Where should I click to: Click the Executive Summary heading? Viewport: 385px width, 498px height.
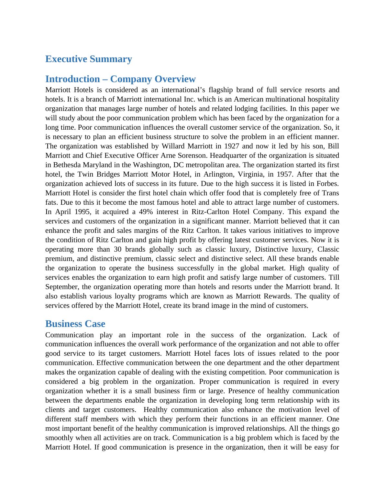click(x=88, y=59)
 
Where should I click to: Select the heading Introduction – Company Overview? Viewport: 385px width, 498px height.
click(x=120, y=79)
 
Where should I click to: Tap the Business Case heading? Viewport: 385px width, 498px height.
click(x=75, y=324)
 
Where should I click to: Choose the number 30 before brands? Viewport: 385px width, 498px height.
click(x=118, y=249)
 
